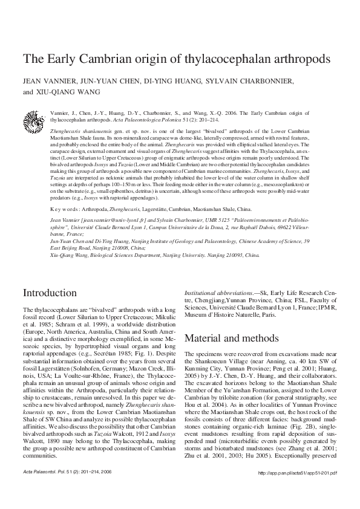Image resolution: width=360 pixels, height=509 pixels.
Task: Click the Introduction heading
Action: click(x=52, y=293)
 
